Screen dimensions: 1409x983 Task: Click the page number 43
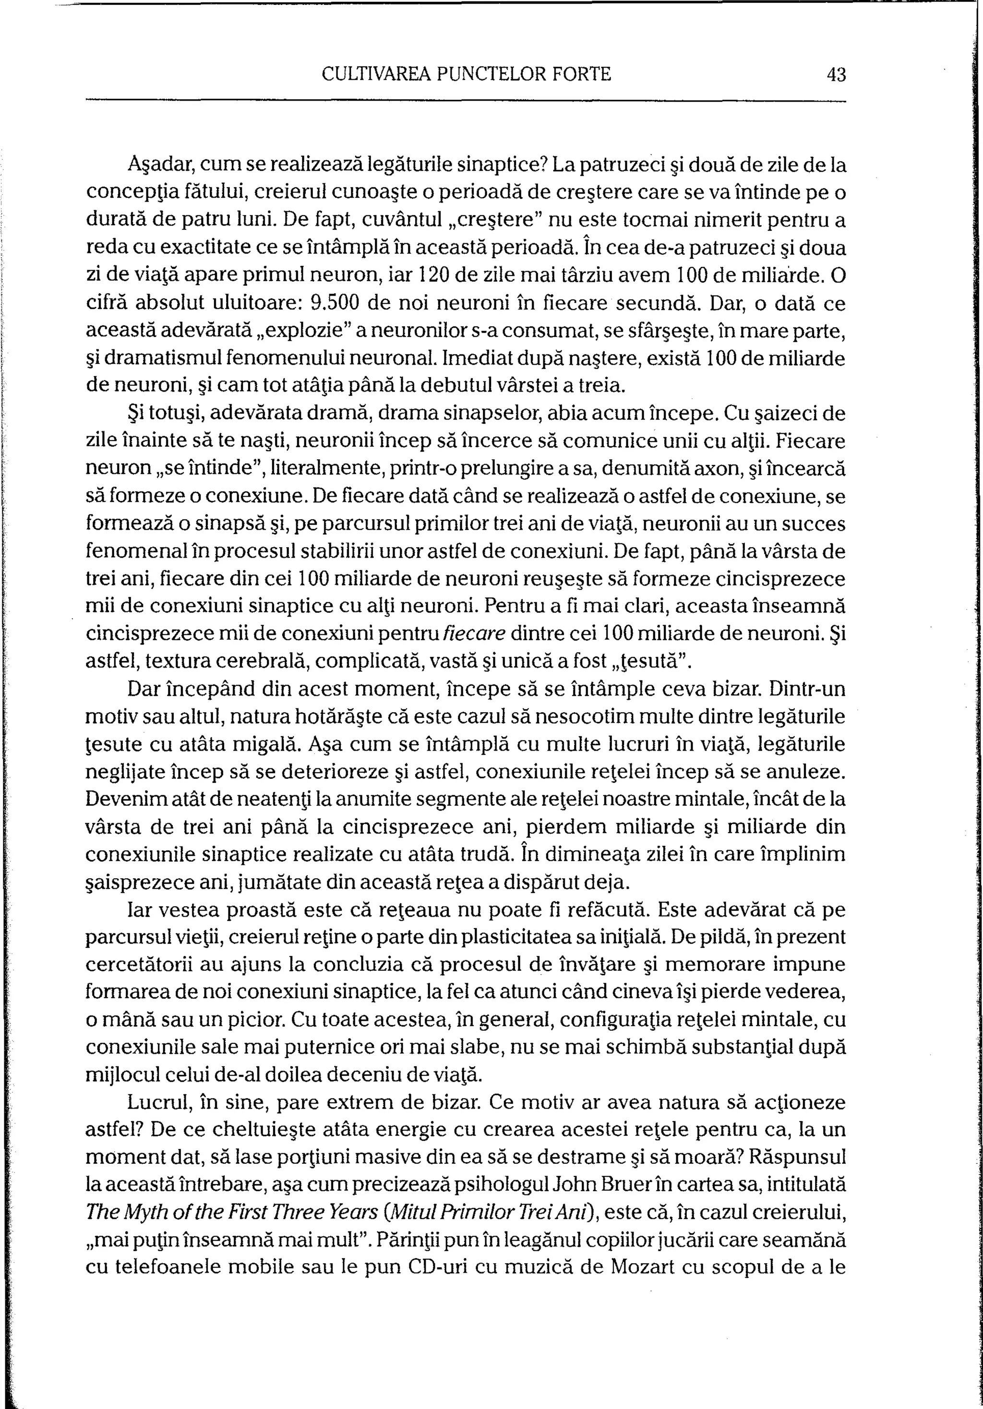coord(836,75)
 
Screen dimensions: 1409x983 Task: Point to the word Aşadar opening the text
coord(161,165)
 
